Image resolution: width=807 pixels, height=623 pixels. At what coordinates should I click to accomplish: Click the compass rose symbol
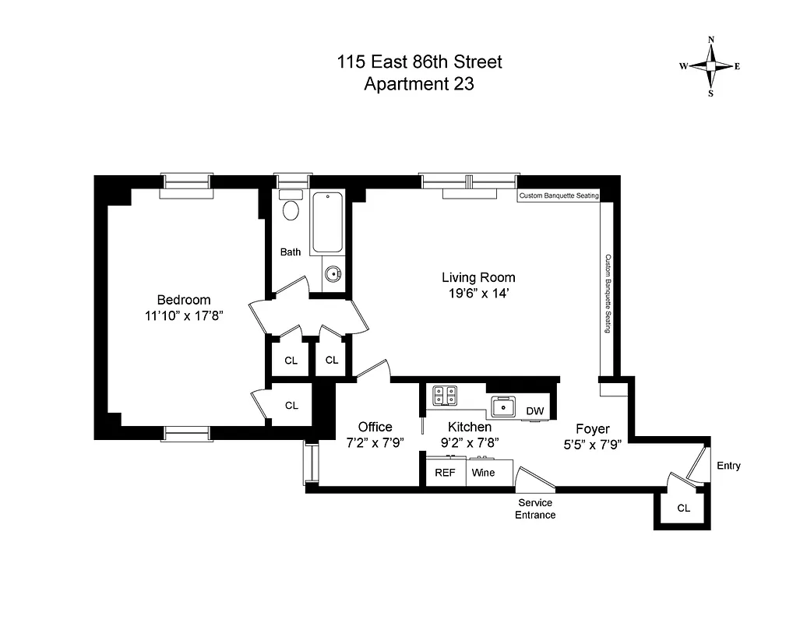710,66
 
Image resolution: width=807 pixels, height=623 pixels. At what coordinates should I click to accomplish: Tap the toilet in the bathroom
291,209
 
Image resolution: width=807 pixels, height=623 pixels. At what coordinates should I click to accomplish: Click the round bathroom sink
333,274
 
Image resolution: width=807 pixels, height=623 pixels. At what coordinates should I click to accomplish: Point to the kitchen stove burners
446,396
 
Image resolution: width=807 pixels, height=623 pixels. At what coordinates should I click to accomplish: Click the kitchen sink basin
503,405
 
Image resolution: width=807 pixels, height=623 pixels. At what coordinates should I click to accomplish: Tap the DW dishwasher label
534,411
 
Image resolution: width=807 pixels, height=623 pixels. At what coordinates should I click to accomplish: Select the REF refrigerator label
446,473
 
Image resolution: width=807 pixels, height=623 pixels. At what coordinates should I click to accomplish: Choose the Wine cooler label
483,473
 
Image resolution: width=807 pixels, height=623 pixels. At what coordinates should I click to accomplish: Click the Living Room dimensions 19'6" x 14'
478,294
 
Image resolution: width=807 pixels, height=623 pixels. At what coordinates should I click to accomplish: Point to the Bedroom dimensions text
184,316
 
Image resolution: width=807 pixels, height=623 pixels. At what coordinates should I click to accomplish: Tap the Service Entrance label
535,509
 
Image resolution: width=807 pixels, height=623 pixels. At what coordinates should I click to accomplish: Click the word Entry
729,466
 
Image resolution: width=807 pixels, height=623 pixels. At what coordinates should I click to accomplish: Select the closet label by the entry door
683,508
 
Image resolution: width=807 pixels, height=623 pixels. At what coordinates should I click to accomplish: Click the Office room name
375,427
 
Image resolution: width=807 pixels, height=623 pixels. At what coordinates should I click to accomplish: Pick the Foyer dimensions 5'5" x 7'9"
593,445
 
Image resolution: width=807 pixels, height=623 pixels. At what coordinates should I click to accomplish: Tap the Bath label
291,252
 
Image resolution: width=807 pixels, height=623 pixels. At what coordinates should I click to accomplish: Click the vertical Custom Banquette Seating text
608,293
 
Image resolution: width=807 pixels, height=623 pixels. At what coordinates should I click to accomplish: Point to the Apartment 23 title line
419,83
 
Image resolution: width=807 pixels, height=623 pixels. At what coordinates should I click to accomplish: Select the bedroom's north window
187,182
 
